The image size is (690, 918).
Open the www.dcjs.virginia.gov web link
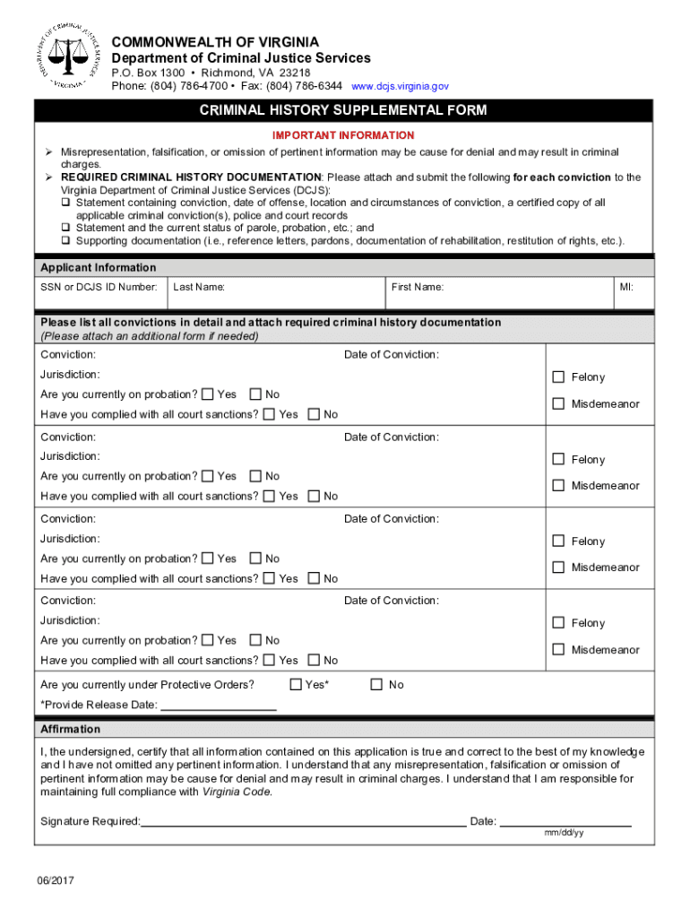(x=400, y=86)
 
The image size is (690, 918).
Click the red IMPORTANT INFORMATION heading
(x=343, y=135)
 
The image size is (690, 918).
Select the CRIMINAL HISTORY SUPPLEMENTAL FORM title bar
(x=343, y=110)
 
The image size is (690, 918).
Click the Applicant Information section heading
(x=99, y=267)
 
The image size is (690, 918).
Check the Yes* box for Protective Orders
(x=297, y=685)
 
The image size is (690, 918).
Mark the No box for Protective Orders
(x=376, y=685)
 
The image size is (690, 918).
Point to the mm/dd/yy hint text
(x=565, y=833)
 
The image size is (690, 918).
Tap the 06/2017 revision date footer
(x=56, y=881)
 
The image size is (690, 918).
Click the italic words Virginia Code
(x=236, y=792)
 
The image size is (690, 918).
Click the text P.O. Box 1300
(x=148, y=73)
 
